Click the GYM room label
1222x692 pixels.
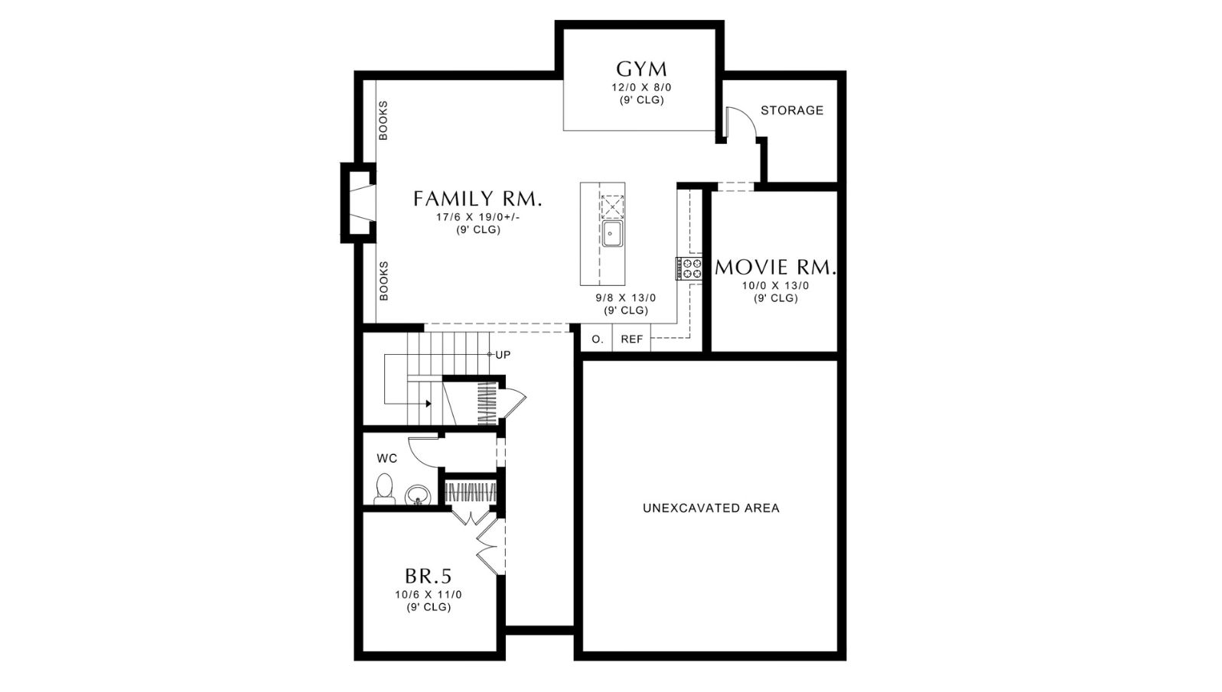tap(641, 70)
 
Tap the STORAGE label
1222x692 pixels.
tap(792, 111)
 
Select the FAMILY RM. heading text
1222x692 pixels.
tap(477, 199)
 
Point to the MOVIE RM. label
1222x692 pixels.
tap(775, 267)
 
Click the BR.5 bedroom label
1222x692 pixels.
tap(429, 576)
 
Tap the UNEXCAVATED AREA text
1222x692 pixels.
tap(711, 508)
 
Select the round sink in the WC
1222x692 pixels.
tap(419, 495)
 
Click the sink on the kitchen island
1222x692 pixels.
tap(613, 234)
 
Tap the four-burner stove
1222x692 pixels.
tap(689, 269)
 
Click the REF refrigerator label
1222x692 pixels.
tap(632, 340)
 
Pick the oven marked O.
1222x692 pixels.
tap(598, 339)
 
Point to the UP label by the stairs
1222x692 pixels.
tap(503, 355)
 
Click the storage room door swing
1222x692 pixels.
tap(748, 115)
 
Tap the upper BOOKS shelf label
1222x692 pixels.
tap(383, 121)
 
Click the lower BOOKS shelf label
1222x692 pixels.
tap(383, 281)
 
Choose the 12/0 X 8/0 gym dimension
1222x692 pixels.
tap(641, 87)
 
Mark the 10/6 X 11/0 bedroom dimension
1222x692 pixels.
tap(429, 595)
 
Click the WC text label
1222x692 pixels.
tap(386, 459)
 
